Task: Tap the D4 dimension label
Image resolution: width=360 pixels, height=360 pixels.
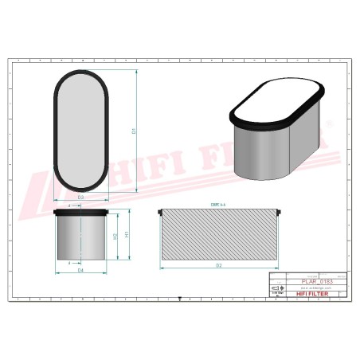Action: click(80, 271)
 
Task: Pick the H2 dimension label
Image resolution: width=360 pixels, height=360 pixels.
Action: click(115, 237)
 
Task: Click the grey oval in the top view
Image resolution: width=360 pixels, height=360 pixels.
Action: click(80, 129)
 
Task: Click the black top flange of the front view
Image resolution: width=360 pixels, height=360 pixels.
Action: click(80, 213)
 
